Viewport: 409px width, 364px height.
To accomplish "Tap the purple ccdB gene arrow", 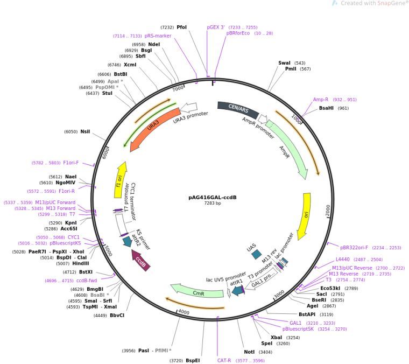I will (142, 262).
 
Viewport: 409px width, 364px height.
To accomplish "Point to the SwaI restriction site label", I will (284, 63).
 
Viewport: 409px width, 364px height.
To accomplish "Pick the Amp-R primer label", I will (321, 100).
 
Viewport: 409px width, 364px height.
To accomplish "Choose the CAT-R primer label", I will (224, 360).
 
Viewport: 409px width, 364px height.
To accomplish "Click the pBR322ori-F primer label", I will (354, 248).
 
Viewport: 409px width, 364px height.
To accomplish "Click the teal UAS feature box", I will (257, 253).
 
